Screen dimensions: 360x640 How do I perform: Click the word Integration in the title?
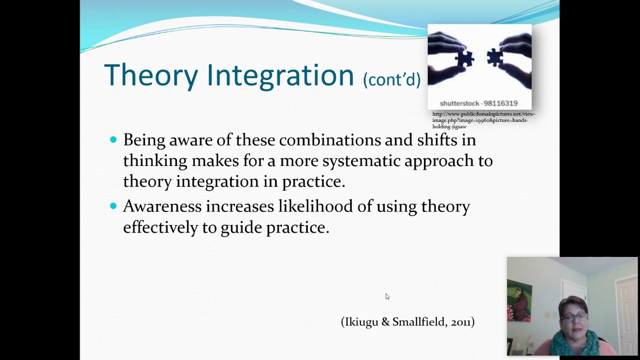280,75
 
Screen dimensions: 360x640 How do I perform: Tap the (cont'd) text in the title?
391,79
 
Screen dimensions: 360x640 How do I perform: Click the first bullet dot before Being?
113,140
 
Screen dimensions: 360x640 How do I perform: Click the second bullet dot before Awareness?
113,206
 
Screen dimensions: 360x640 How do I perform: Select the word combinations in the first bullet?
330,140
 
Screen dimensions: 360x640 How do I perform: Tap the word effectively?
160,227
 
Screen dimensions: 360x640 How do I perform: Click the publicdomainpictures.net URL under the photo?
483,120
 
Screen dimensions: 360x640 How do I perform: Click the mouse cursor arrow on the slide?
387,296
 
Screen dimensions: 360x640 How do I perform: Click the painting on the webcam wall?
519,300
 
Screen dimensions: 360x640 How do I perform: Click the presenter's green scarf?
575,345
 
